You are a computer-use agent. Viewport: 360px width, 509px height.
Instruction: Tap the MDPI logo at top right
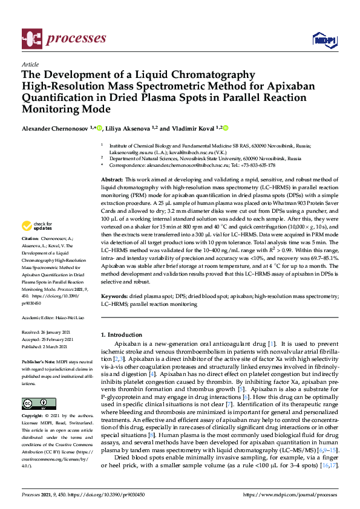pyautogui.click(x=321, y=40)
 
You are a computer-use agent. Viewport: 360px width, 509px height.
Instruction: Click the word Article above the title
pyautogui.click(x=30, y=63)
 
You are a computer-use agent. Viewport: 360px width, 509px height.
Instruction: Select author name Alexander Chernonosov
pyautogui.click(x=55, y=128)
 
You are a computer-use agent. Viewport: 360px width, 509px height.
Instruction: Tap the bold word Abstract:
pyautogui.click(x=112, y=180)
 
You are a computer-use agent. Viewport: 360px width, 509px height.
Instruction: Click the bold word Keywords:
pyautogui.click(x=114, y=297)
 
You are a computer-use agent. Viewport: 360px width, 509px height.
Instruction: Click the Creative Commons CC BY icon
pyautogui.click(x=34, y=403)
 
